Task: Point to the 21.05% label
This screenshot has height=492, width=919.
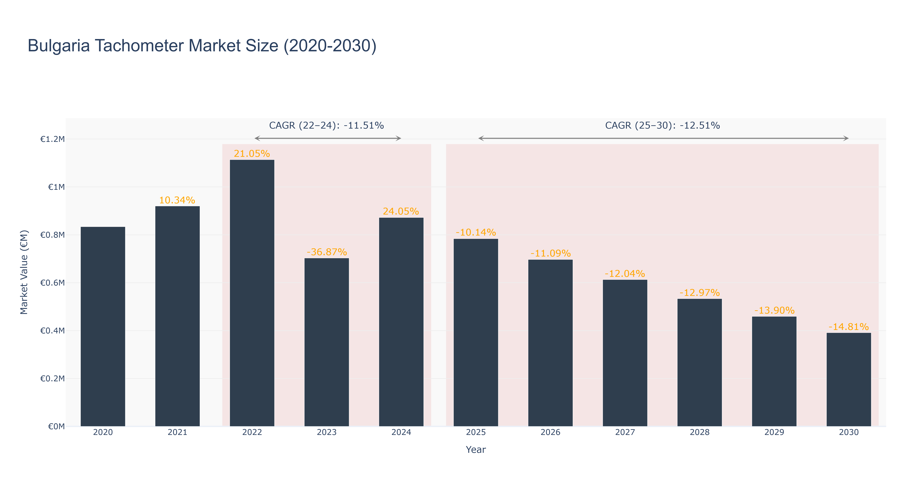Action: click(252, 154)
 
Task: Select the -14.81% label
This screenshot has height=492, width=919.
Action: click(849, 327)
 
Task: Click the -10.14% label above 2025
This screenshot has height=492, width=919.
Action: click(476, 232)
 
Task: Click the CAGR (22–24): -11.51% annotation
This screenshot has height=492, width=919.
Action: click(326, 125)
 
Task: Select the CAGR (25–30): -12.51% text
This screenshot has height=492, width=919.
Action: click(663, 125)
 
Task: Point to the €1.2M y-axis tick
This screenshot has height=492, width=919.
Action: click(53, 139)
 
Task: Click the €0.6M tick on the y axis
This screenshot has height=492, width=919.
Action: click(53, 283)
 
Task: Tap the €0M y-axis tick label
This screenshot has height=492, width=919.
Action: click(56, 426)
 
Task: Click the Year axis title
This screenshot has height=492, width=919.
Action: click(476, 450)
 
